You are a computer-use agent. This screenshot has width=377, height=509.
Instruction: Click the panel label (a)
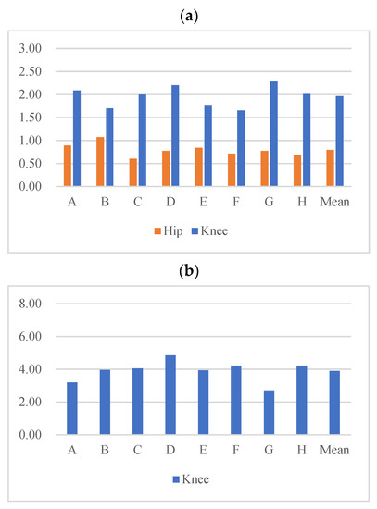pos(188,14)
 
